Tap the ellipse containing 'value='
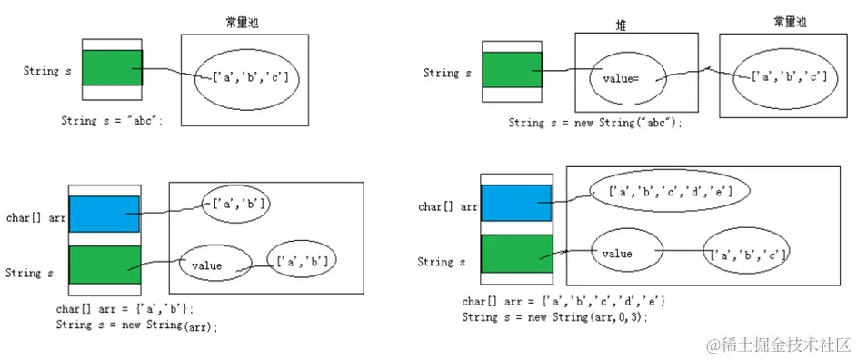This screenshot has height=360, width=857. coord(627,78)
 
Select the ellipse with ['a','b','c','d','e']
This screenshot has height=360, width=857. coord(660,192)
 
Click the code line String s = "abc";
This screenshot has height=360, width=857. coord(112,121)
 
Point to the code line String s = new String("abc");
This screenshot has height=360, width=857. coord(594,123)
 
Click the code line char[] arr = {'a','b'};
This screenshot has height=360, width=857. coord(125,309)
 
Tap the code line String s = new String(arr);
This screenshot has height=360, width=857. coord(137,325)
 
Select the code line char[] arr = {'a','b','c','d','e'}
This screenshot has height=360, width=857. coord(564,301)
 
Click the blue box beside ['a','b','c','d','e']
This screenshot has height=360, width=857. coord(516,204)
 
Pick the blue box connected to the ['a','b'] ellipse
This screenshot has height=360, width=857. coord(104,215)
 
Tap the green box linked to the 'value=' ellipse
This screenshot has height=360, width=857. coord(512,70)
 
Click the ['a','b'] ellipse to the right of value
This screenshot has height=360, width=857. coord(301,261)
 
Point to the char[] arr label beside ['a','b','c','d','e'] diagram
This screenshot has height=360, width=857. coord(448,207)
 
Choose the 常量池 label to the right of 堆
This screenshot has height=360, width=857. coord(789,22)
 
